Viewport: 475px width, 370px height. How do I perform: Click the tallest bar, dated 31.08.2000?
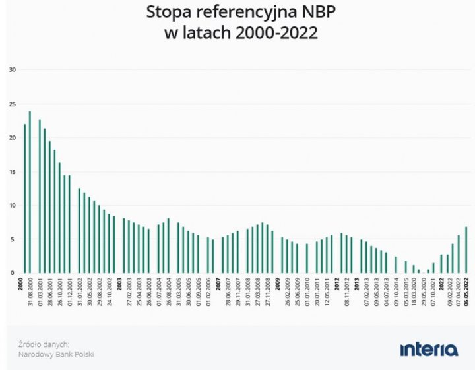(x=30, y=191)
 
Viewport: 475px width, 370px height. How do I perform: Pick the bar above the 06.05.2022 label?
(x=466, y=249)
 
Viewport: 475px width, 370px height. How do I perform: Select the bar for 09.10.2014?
(x=396, y=264)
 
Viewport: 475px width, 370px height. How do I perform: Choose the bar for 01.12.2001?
(x=69, y=224)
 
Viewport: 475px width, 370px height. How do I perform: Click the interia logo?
(x=428, y=348)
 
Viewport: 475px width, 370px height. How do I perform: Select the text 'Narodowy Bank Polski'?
(x=56, y=354)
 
